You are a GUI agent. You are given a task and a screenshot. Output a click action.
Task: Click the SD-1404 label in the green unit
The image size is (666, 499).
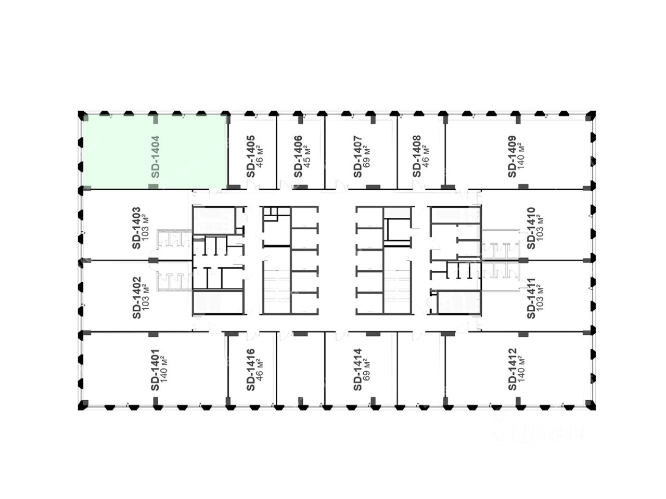pyautogui.click(x=155, y=156)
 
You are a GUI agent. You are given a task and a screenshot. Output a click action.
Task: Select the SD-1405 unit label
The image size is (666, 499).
pyautogui.click(x=251, y=156)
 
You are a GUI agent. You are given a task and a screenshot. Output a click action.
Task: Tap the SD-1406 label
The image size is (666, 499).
pyautogui.click(x=298, y=156)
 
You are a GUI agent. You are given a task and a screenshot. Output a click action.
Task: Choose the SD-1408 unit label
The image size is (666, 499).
pyautogui.click(x=416, y=156)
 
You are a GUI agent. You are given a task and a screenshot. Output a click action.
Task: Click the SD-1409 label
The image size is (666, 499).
pyautogui.click(x=512, y=156)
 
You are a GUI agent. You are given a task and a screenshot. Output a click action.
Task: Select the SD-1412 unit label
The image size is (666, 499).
pyautogui.click(x=512, y=370)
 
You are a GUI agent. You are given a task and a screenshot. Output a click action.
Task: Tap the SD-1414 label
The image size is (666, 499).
pyautogui.click(x=357, y=370)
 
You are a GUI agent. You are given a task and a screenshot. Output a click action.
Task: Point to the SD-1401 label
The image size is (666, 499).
pyautogui.click(x=155, y=370)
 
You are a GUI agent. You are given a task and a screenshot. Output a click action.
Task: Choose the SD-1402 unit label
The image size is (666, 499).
pyautogui.click(x=136, y=298)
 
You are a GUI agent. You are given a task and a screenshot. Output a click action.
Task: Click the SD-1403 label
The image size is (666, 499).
pyautogui.click(x=136, y=228)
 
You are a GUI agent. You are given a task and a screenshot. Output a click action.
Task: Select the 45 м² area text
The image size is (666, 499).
pyautogui.click(x=307, y=156)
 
